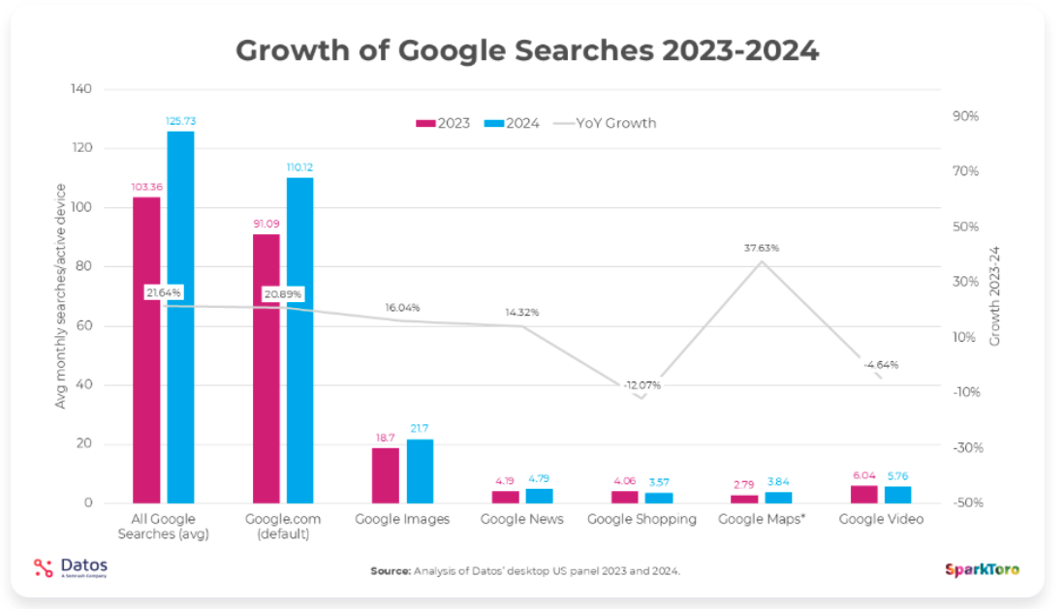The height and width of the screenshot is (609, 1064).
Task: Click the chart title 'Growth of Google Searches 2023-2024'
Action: [x=527, y=50]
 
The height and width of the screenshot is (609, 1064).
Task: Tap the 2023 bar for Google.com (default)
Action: [x=266, y=368]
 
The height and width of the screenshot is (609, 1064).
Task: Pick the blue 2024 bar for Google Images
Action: [x=420, y=471]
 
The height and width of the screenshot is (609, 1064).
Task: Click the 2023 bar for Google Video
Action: [x=863, y=494]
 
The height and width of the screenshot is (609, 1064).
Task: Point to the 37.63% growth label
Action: [x=762, y=248]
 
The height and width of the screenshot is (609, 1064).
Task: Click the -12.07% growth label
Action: [x=642, y=384]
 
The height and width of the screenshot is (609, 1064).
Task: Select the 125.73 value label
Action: [x=180, y=121]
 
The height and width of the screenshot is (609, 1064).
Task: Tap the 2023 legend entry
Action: [x=443, y=123]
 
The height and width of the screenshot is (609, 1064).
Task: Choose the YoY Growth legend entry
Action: [x=605, y=123]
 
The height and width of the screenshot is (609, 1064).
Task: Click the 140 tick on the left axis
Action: [x=80, y=89]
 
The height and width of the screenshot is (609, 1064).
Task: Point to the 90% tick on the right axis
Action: [x=965, y=116]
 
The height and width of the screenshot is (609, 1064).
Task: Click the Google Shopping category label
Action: [x=642, y=519]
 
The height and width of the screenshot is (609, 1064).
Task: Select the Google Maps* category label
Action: [x=762, y=519]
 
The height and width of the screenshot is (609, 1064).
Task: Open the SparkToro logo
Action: [x=982, y=569]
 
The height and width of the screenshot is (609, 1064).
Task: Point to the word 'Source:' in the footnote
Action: [x=391, y=571]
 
